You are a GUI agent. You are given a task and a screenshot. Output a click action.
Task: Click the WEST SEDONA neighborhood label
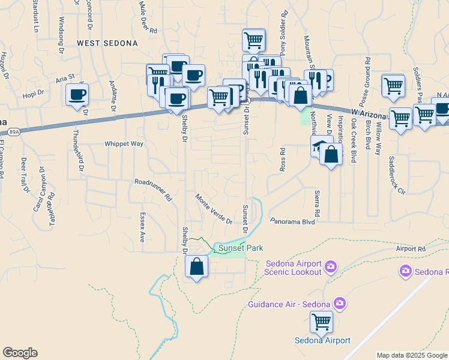tap(107, 43)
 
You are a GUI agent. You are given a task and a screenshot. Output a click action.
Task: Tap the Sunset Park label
tap(240, 248)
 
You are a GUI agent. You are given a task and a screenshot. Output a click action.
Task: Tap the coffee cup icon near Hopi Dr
tap(77, 95)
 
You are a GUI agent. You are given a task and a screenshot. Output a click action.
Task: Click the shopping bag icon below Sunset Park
tap(196, 266)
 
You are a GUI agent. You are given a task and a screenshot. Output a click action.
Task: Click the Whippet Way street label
tap(124, 144)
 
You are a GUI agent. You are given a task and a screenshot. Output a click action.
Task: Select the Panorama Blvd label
tap(292, 221)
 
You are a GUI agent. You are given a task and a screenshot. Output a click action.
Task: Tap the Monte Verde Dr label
tap(214, 209)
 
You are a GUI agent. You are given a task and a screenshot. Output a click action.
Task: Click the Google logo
tap(20, 352)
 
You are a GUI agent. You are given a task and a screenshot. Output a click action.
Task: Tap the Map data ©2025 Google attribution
tap(412, 355)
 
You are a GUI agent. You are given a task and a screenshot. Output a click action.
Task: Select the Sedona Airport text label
tap(322, 340)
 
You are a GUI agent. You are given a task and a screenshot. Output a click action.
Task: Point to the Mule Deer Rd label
tap(148, 17)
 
